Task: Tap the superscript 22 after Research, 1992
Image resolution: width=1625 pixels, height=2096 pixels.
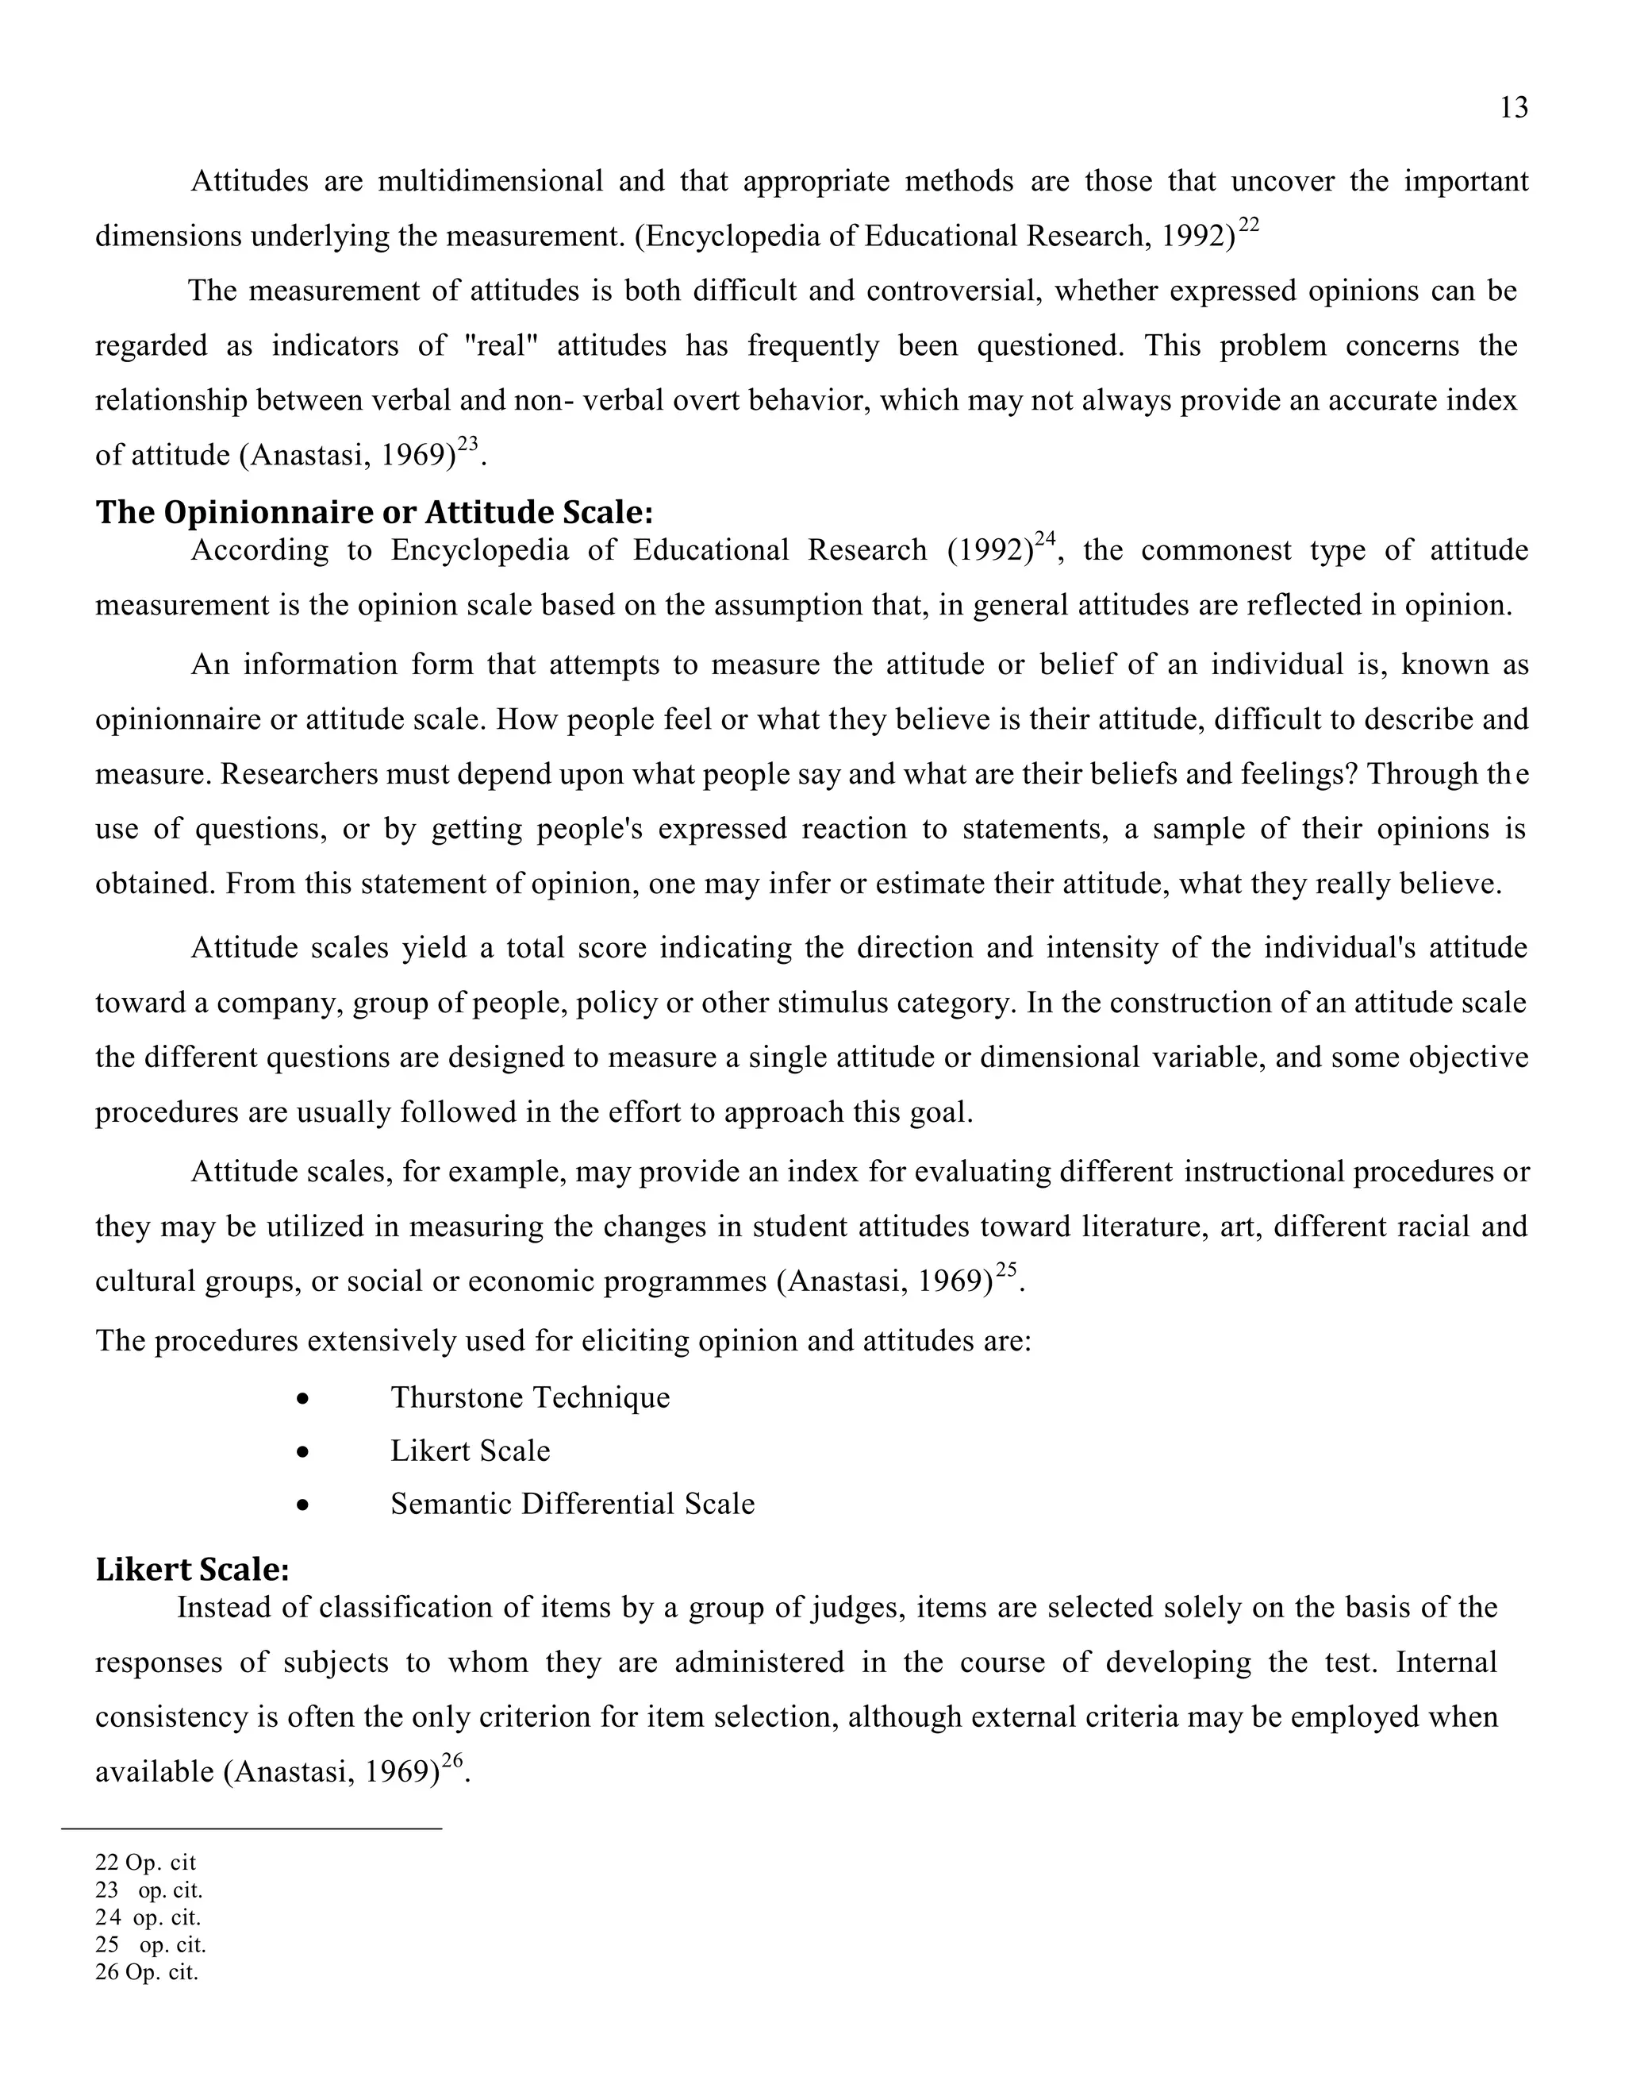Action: (1248, 225)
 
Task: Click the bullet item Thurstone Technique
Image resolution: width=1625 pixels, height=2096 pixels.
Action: (529, 1397)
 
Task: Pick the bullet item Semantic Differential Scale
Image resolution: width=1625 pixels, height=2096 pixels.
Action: (572, 1504)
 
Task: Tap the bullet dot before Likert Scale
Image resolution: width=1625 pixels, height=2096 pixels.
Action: (303, 1452)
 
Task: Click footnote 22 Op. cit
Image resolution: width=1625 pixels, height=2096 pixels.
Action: (145, 1862)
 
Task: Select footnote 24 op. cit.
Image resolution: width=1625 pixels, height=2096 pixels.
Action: (148, 1917)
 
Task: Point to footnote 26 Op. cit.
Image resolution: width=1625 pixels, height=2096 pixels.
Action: (146, 1972)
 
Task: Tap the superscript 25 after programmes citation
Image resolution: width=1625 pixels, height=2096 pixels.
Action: (1005, 1270)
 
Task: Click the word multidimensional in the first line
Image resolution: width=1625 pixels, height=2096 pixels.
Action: (490, 181)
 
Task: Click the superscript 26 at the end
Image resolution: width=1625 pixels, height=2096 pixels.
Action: (451, 1760)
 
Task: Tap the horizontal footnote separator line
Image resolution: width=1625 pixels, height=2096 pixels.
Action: (252, 1829)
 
